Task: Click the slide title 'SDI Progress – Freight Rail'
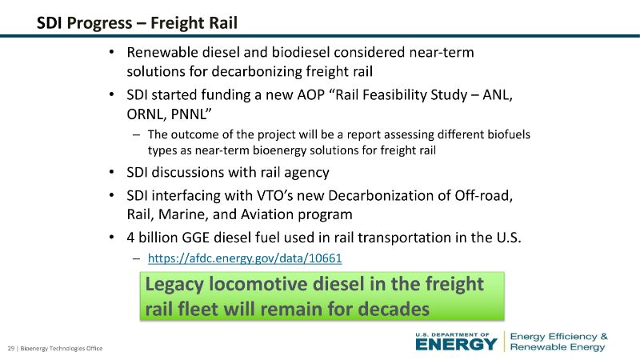(x=137, y=23)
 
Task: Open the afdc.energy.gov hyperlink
(x=245, y=258)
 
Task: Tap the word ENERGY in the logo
(x=456, y=344)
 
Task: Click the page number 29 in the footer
(x=11, y=348)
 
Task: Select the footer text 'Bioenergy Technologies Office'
(x=62, y=348)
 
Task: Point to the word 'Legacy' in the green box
(x=174, y=285)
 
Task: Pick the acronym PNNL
(x=190, y=114)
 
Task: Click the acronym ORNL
(x=146, y=114)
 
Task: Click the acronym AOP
(x=310, y=94)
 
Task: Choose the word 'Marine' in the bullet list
(x=183, y=214)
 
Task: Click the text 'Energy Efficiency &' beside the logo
(x=558, y=336)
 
